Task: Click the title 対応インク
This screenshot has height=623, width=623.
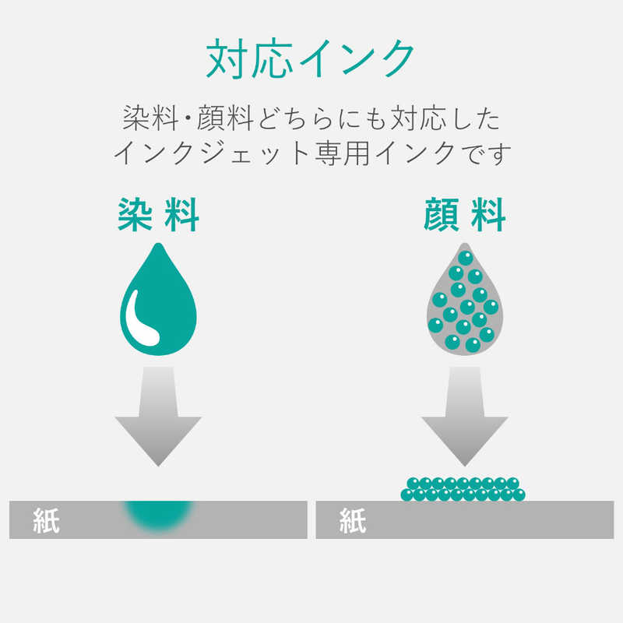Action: pyautogui.click(x=310, y=59)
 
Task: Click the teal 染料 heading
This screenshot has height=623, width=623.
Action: pyautogui.click(x=159, y=215)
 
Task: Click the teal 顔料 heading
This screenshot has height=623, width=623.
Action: pyautogui.click(x=464, y=215)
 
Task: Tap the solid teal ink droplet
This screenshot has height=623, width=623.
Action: pyautogui.click(x=158, y=299)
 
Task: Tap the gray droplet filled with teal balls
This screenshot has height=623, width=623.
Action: pyautogui.click(x=464, y=299)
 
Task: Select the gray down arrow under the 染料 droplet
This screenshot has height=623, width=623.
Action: pyautogui.click(x=158, y=417)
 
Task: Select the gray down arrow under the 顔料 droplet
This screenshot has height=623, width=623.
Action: pyautogui.click(x=464, y=417)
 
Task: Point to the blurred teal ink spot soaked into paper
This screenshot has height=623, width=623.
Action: pyautogui.click(x=159, y=516)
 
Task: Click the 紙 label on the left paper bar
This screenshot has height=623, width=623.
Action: pyautogui.click(x=47, y=520)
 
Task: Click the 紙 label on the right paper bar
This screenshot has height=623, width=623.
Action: pyautogui.click(x=353, y=520)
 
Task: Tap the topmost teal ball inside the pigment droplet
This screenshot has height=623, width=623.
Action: pyautogui.click(x=465, y=259)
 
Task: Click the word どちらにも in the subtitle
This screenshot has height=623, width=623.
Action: pyautogui.click(x=322, y=118)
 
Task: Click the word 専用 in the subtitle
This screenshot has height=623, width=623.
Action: pyautogui.click(x=342, y=153)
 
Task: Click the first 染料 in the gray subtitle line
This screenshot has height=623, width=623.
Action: pyautogui.click(x=150, y=118)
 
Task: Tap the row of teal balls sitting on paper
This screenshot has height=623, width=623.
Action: pyautogui.click(x=463, y=489)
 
